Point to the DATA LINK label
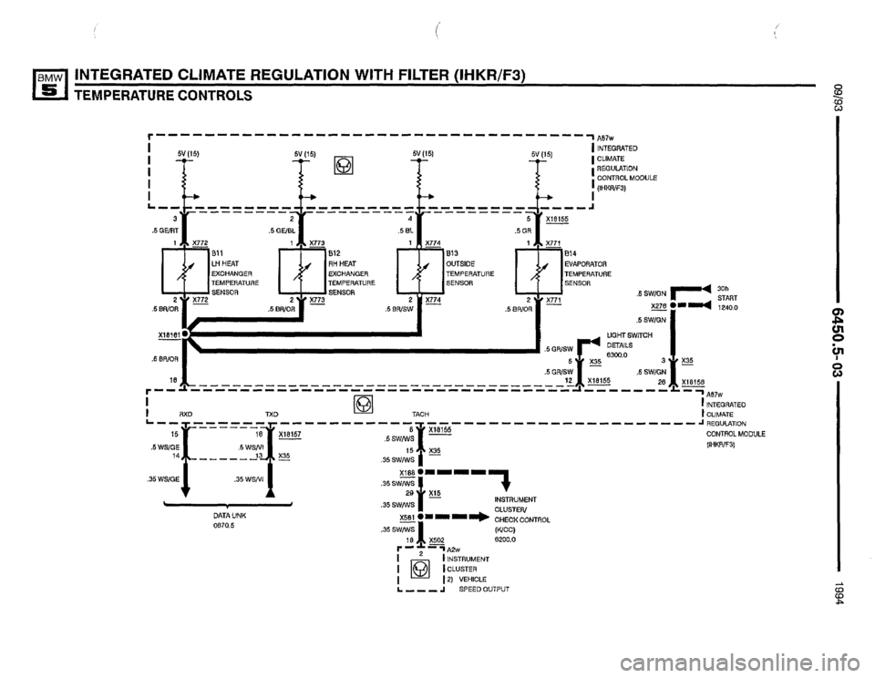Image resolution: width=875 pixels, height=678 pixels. pos(224,515)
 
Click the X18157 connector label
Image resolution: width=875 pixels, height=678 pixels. pos(293,435)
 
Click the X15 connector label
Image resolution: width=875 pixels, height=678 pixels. pos(437,493)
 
